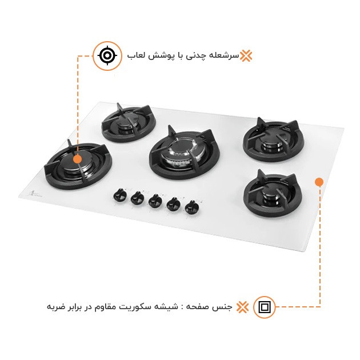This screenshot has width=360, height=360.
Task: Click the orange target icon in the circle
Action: tap(107, 55)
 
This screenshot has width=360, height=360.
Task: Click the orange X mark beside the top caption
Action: tap(246, 55)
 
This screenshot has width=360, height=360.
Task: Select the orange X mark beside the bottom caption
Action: tap(242, 307)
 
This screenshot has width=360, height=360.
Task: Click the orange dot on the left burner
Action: tap(77, 159)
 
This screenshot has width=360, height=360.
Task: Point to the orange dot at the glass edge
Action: tap(319, 182)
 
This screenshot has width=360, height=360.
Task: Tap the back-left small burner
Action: tap(127, 123)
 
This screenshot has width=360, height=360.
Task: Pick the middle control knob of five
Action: tap(154, 201)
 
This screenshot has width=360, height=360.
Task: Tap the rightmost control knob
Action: tap(190, 207)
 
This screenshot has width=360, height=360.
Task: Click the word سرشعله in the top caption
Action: tap(226, 56)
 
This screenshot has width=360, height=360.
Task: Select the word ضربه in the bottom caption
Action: tap(57, 307)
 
